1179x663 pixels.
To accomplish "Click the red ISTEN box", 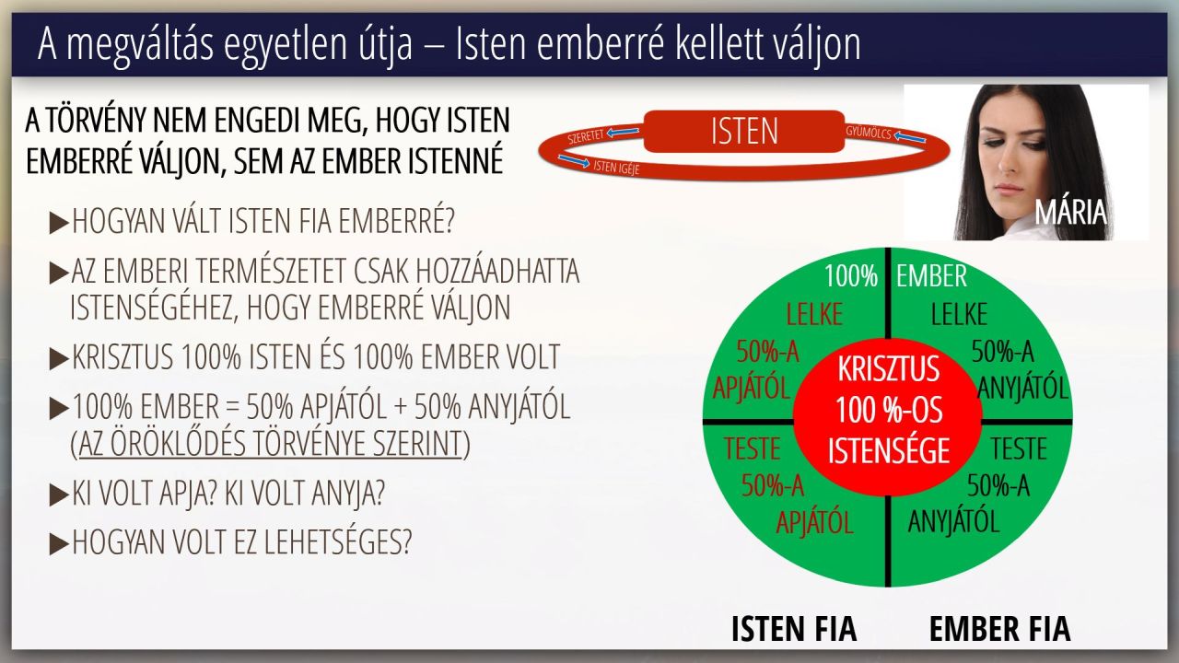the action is [x=744, y=131].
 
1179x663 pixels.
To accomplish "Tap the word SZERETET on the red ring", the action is [x=586, y=137].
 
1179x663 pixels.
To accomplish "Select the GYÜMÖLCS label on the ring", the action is [x=869, y=133].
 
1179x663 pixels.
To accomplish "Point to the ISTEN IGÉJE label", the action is [x=616, y=168].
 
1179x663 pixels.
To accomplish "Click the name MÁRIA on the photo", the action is [x=1070, y=213].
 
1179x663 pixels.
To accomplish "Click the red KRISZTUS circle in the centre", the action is [x=888, y=415].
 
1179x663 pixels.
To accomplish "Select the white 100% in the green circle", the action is [x=851, y=275].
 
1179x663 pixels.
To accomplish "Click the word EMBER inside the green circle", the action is [x=931, y=275].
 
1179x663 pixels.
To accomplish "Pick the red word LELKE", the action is [x=815, y=315].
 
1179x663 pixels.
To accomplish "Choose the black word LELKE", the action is [x=959, y=315].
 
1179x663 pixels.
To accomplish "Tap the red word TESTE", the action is [x=752, y=448].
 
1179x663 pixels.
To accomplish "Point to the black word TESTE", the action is [x=1019, y=448].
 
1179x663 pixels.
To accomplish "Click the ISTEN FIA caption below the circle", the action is [x=794, y=629].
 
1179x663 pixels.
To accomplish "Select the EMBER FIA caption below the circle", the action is [x=1000, y=629].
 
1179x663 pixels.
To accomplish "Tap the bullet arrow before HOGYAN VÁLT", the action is [x=58, y=223].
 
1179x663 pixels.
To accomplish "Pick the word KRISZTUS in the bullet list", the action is [x=123, y=357].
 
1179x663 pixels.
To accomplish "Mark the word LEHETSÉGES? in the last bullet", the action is [x=337, y=542].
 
